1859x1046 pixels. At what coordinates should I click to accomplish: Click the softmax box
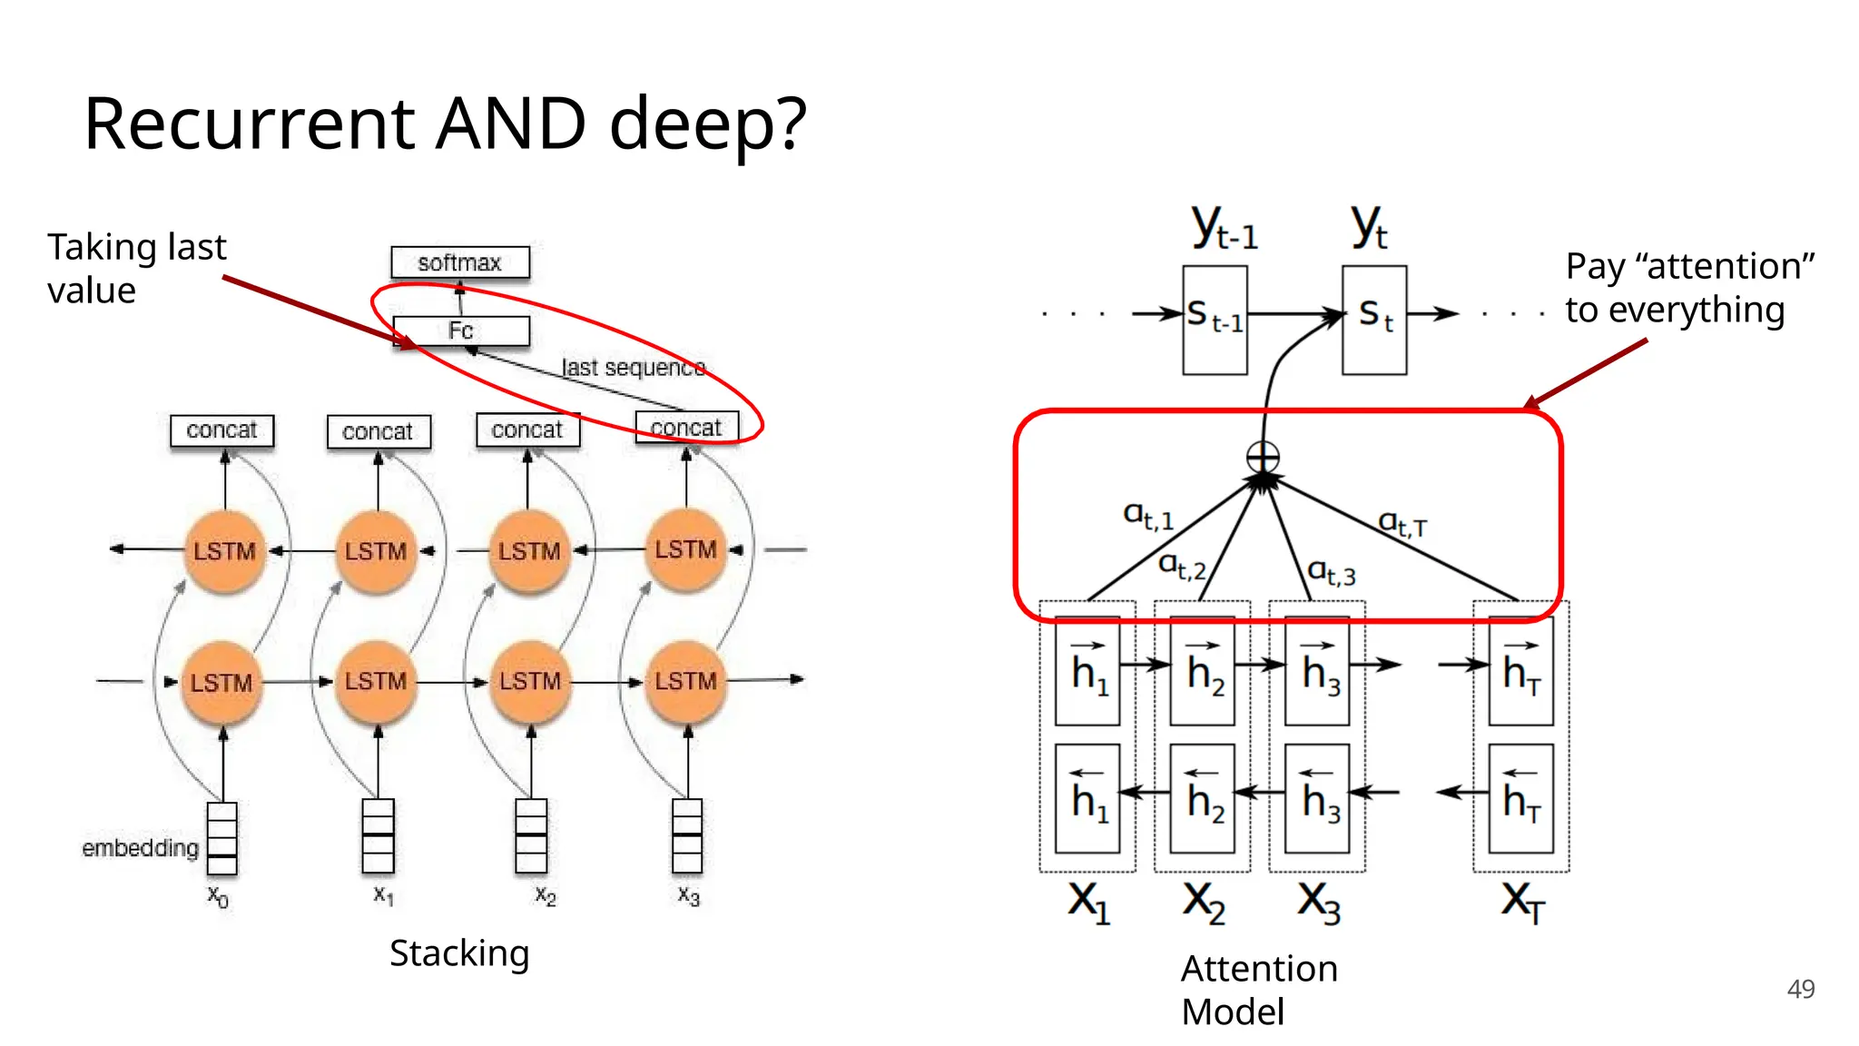pyautogui.click(x=459, y=262)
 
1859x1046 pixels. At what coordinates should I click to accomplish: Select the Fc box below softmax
pyautogui.click(x=461, y=331)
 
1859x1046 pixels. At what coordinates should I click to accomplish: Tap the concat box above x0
pyautogui.click(x=221, y=430)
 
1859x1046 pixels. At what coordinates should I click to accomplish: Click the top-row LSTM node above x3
pyautogui.click(x=686, y=550)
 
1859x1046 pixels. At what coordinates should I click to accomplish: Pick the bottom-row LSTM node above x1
pyautogui.click(x=376, y=682)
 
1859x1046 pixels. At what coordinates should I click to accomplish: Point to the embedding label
pyautogui.click(x=140, y=848)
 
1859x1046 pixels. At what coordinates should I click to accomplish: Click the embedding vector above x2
pyautogui.click(x=531, y=835)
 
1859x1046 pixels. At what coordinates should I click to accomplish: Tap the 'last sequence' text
pyautogui.click(x=633, y=368)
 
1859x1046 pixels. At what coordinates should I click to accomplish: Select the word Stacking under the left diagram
pyautogui.click(x=459, y=953)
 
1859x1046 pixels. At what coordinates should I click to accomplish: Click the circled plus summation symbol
pyautogui.click(x=1263, y=457)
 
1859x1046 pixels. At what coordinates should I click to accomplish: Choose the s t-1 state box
pyautogui.click(x=1215, y=320)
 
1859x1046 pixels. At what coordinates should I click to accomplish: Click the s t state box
pyautogui.click(x=1374, y=320)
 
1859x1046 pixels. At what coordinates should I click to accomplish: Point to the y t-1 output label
pyautogui.click(x=1224, y=227)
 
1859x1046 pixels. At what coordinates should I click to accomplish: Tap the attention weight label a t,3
pyautogui.click(x=1331, y=572)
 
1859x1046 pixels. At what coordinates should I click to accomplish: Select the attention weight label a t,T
pyautogui.click(x=1402, y=523)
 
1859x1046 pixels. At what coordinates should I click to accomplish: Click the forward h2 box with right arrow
pyautogui.click(x=1202, y=670)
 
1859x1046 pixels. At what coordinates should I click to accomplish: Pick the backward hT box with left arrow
pyautogui.click(x=1520, y=798)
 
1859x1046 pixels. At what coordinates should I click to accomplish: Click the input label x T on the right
pyautogui.click(x=1522, y=902)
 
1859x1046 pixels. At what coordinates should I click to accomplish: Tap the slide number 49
pyautogui.click(x=1800, y=989)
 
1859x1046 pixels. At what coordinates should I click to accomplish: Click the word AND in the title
pyautogui.click(x=510, y=124)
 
